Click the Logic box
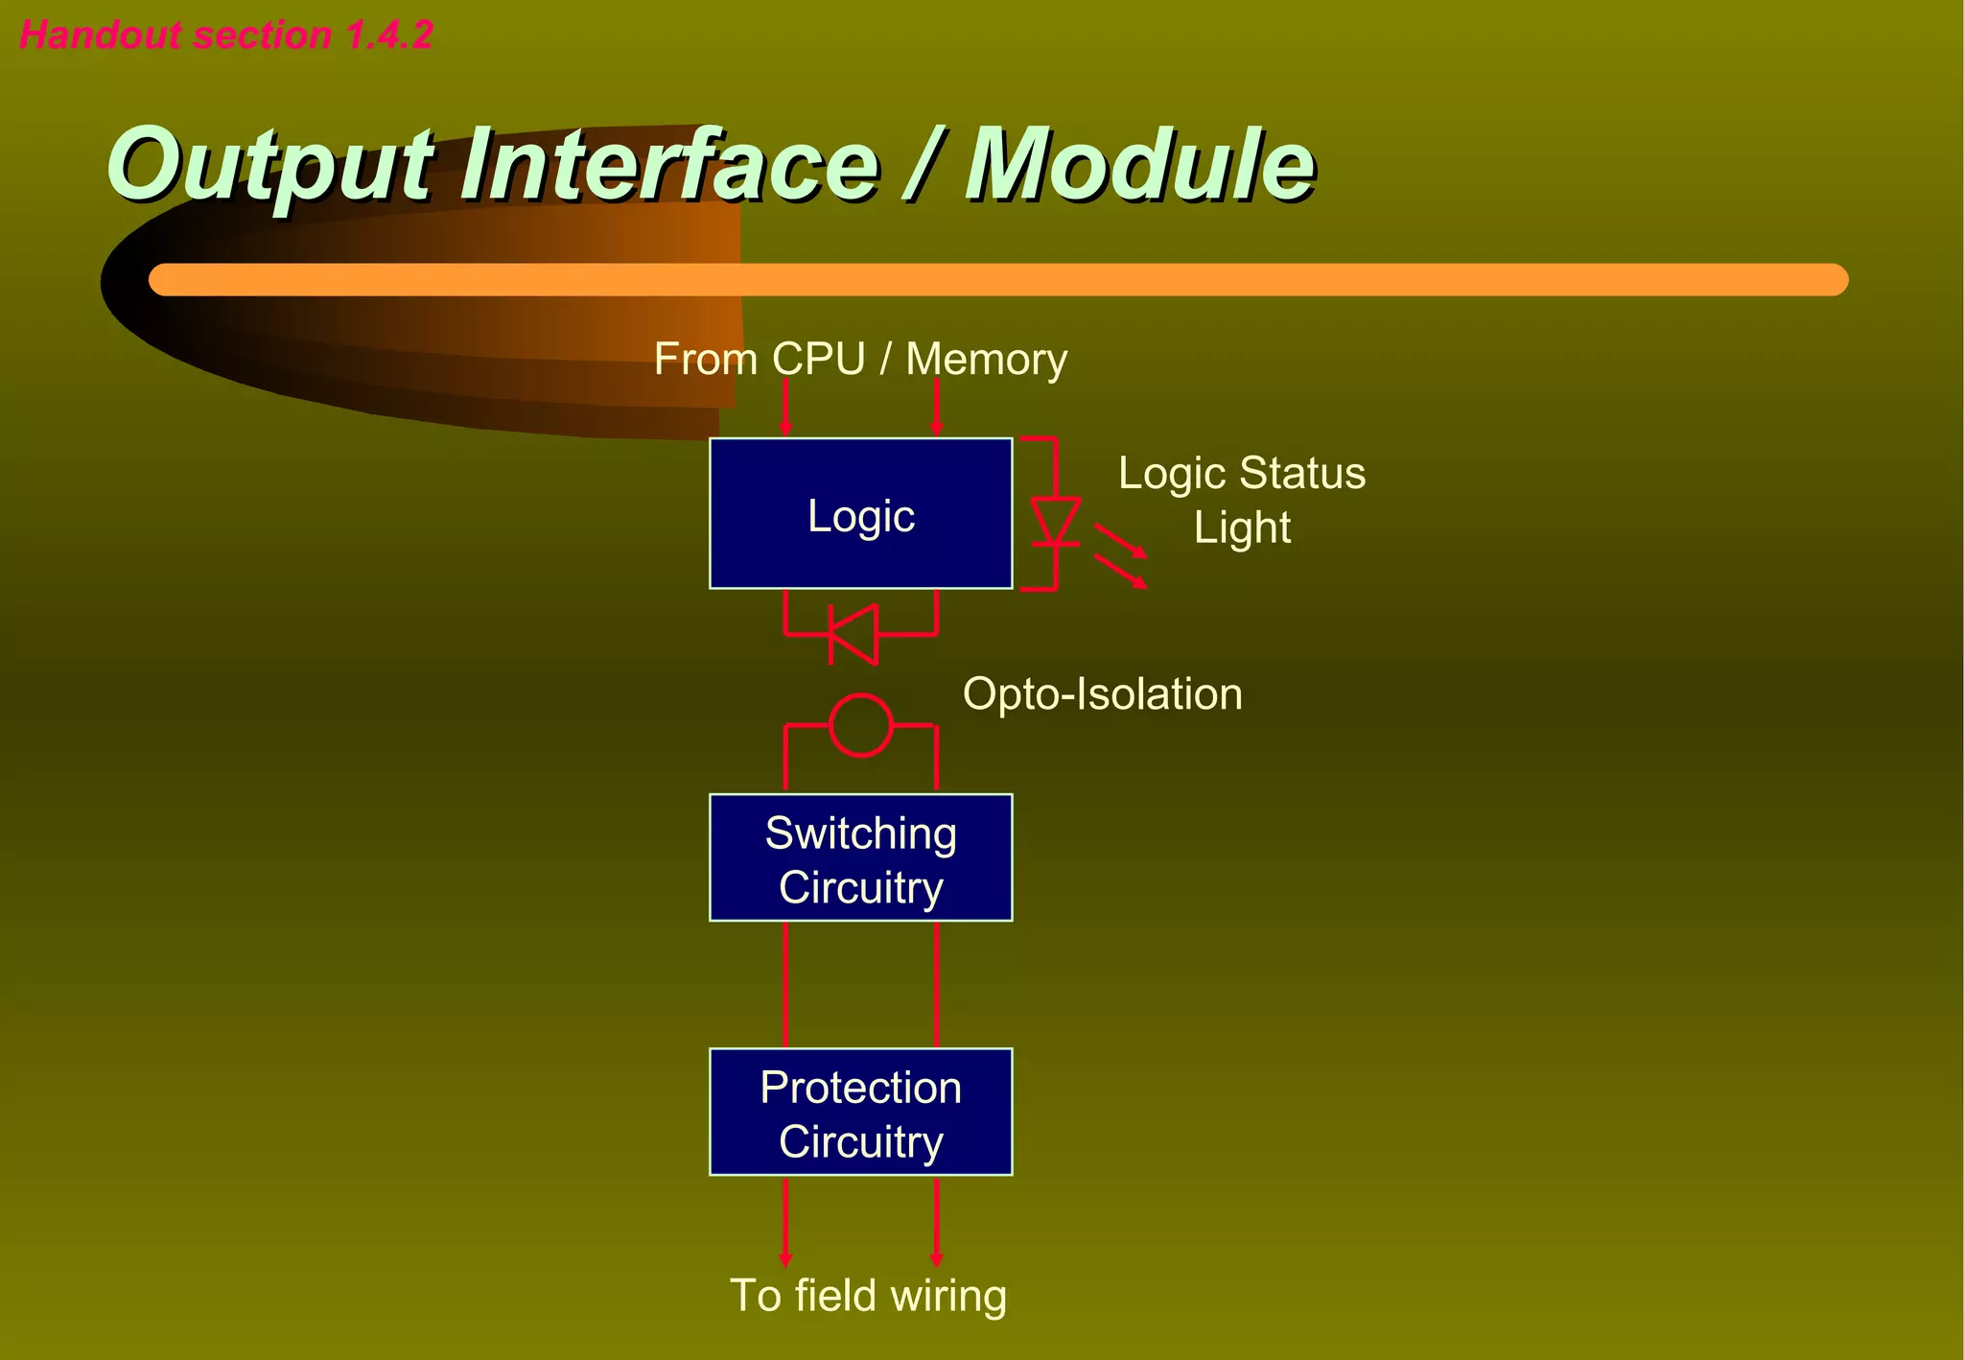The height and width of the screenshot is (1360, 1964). pyautogui.click(x=860, y=513)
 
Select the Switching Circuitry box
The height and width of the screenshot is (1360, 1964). pyautogui.click(x=860, y=857)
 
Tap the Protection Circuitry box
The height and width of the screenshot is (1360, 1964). pyautogui.click(x=860, y=1113)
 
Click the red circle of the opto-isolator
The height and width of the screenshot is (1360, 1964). pyautogui.click(x=860, y=726)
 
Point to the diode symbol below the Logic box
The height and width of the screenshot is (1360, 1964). pyautogui.click(x=853, y=634)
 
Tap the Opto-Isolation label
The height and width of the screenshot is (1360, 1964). pyautogui.click(x=1102, y=693)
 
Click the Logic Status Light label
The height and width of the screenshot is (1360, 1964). pyautogui.click(x=1241, y=500)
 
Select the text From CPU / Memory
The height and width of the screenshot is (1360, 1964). pyautogui.click(x=860, y=360)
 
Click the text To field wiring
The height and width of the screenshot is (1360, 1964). pyautogui.click(x=868, y=1295)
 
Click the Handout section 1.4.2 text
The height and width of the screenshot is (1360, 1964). pyautogui.click(x=226, y=35)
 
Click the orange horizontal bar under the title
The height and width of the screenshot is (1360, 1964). pyautogui.click(x=997, y=279)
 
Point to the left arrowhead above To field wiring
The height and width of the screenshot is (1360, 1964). pyautogui.click(x=785, y=1257)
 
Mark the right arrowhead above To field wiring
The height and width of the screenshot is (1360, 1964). pyautogui.click(x=937, y=1257)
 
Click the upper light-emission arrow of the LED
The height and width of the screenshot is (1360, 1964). pyautogui.click(x=1121, y=541)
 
